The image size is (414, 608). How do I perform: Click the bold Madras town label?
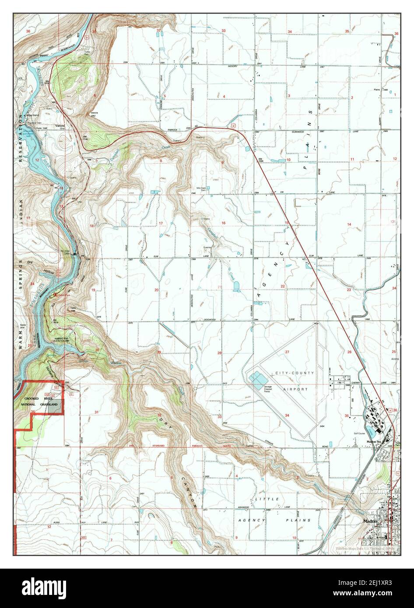[x=371, y=521]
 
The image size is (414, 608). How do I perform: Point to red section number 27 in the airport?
[x=288, y=352]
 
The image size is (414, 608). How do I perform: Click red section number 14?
[x=349, y=224]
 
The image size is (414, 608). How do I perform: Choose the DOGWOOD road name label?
[x=210, y=320]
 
